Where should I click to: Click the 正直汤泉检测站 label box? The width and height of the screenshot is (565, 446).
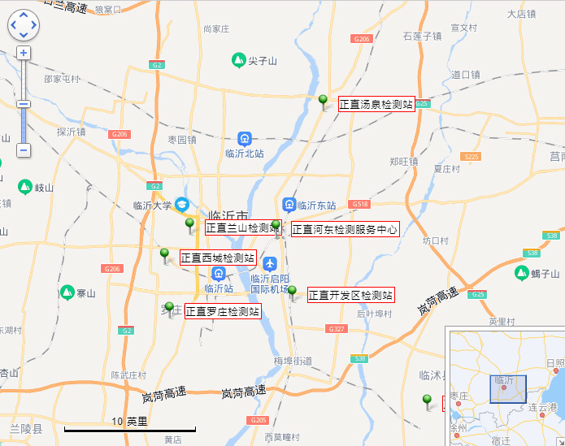376,104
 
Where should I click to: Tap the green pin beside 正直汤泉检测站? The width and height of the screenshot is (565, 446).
323,101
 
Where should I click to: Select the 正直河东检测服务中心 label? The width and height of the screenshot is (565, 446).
345,230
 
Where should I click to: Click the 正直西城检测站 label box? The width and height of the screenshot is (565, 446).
218,258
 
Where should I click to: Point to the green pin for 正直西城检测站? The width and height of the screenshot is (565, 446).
165,255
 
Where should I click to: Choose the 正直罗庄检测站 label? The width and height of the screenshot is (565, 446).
223,311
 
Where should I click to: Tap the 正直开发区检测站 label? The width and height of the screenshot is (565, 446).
350,295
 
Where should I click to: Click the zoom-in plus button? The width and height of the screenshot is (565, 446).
24,53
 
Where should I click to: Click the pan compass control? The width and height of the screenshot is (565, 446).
23,24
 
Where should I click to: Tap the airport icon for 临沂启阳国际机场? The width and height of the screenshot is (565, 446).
270,263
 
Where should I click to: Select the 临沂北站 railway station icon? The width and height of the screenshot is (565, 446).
245,139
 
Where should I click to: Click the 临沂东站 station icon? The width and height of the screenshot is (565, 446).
289,204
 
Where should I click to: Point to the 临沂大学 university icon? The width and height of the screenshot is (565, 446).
183,204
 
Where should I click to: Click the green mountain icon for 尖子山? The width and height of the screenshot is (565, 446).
238,60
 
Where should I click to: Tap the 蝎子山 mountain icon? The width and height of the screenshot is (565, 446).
521,273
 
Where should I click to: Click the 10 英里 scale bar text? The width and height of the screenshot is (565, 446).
130,421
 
